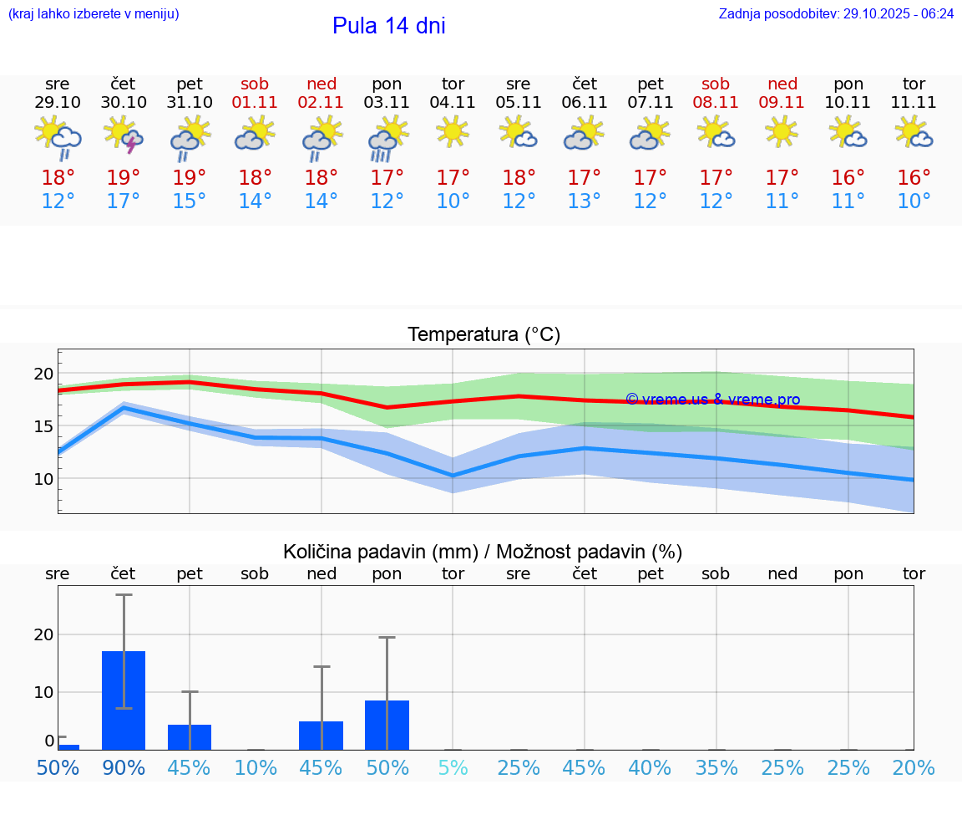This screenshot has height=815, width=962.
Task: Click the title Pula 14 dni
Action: (388, 26)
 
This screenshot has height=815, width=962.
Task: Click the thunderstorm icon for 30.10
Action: (123, 135)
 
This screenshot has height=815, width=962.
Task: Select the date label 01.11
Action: (255, 103)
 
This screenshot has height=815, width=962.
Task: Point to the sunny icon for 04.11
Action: (453, 132)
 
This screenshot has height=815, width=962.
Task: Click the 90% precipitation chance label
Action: (123, 767)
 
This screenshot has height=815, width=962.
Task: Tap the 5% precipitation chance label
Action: (453, 767)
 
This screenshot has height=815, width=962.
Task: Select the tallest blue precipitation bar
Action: (124, 700)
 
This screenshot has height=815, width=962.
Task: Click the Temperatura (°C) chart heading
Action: (484, 335)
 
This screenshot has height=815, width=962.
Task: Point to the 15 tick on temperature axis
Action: (43, 426)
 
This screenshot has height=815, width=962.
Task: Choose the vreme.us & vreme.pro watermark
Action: (712, 400)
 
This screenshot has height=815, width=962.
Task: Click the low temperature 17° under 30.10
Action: (123, 201)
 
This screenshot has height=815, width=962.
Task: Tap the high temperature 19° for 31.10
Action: (189, 178)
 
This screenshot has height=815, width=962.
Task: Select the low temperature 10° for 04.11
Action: (453, 201)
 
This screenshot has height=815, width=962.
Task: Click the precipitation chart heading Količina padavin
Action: (482, 552)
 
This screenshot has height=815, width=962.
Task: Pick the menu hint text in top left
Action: (94, 14)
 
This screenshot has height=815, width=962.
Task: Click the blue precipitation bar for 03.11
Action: (387, 725)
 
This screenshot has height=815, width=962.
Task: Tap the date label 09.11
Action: (782, 103)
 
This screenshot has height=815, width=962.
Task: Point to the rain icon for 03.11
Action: (387, 136)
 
